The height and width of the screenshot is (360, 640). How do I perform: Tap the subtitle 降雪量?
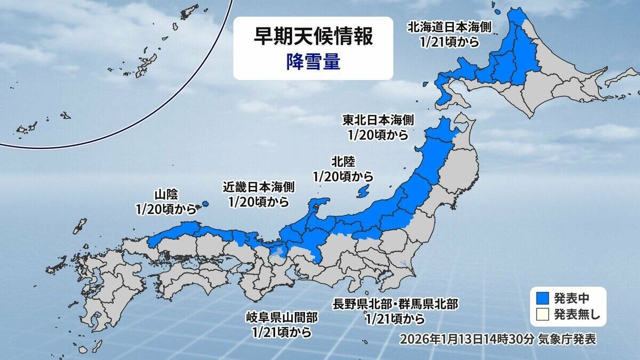click(313, 62)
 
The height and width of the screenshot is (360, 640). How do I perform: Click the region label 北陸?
click(342, 161)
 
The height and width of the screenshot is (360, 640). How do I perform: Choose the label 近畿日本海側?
click(258, 188)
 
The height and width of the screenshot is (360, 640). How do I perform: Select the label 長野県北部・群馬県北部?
click(395, 305)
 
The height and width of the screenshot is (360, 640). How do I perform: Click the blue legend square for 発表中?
click(540, 298)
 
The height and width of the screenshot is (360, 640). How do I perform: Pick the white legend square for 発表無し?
click(540, 315)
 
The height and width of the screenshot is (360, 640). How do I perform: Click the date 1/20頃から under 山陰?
click(166, 210)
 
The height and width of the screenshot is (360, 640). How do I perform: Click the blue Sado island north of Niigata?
click(363, 190)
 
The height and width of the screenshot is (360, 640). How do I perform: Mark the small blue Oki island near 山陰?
click(205, 203)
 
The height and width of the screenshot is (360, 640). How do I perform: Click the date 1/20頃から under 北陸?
click(342, 175)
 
